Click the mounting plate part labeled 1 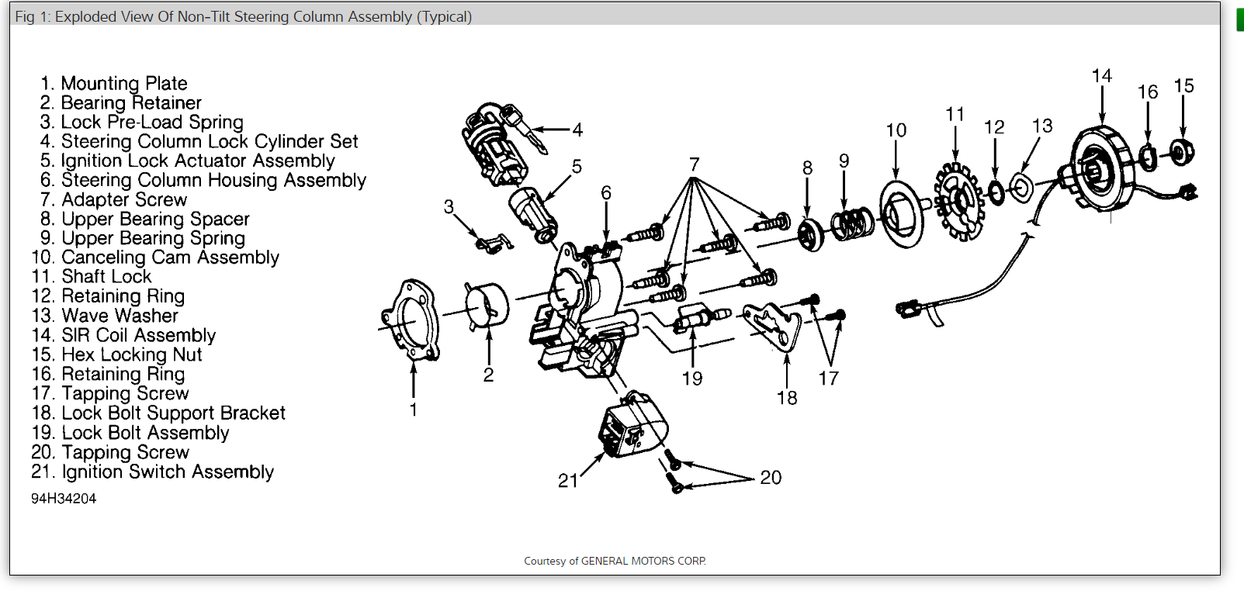tap(411, 320)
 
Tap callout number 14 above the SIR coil tap(1101, 76)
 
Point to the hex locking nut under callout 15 tap(1181, 152)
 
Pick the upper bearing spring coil tap(851, 224)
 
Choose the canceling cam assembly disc tap(902, 214)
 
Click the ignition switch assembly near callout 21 tap(632, 426)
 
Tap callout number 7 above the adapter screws tap(694, 164)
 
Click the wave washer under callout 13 tap(1021, 187)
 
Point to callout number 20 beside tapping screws tap(771, 478)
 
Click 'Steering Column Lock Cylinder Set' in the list tap(210, 141)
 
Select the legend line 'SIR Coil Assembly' tap(138, 335)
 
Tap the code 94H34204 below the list tap(64, 499)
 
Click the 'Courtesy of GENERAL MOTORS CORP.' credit tap(615, 561)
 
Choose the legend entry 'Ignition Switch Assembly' tap(168, 472)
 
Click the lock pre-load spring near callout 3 tap(492, 244)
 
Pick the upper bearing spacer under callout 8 tap(810, 233)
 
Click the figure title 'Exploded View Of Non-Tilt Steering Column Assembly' tap(263, 16)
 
